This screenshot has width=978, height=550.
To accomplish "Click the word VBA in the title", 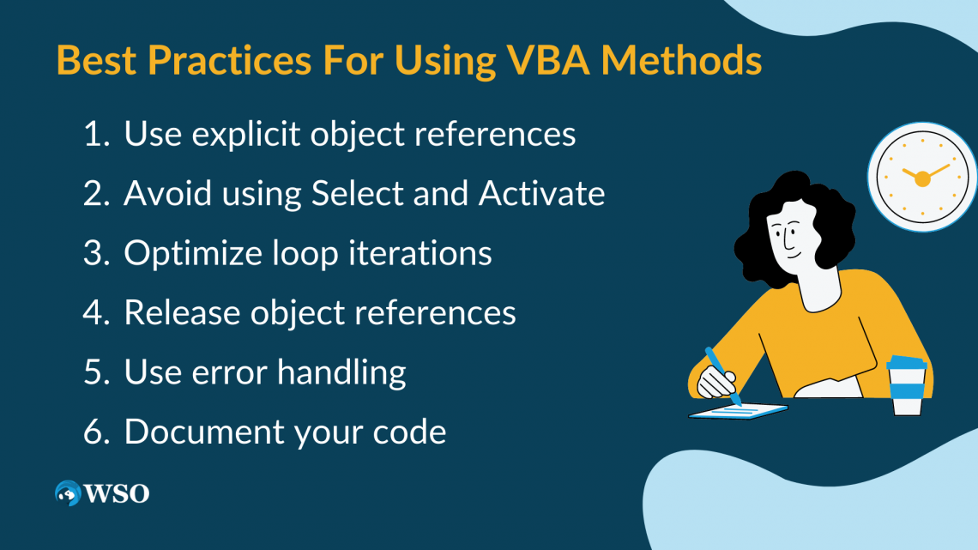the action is click(x=547, y=60).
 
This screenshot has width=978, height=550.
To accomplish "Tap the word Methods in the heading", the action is click(x=681, y=60).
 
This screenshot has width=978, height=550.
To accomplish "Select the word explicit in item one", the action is click(x=245, y=134).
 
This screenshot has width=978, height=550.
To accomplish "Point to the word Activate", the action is click(x=541, y=193).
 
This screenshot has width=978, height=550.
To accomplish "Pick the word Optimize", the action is click(x=193, y=254).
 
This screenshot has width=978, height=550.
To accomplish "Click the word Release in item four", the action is click(x=182, y=312).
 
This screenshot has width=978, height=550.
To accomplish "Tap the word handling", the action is click(x=341, y=373).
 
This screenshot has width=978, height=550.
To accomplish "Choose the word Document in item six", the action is click(x=204, y=432).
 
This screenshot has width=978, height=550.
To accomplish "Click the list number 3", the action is click(x=95, y=253).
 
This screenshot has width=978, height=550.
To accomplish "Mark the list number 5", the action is click(x=95, y=372).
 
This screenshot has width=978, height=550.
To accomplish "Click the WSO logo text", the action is click(x=117, y=494).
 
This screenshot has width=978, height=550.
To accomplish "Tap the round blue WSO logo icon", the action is click(x=68, y=493).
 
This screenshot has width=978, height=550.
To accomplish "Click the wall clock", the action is click(x=922, y=178).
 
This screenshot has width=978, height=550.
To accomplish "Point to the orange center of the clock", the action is click(x=922, y=179).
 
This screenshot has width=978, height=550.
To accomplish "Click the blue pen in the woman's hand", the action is click(x=723, y=376).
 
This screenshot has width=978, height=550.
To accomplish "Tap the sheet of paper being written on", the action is click(x=738, y=412).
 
